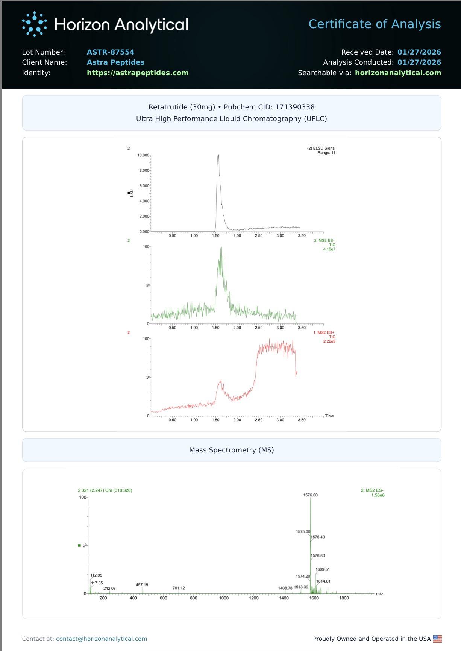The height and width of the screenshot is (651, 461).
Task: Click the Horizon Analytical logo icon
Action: pos(34,24)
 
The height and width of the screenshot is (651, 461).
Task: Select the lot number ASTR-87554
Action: pos(110,52)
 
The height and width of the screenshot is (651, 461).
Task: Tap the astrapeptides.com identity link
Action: pos(138,73)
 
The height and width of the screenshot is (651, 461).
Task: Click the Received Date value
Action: pos(419,52)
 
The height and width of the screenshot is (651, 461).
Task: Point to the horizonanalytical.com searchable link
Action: pos(398,73)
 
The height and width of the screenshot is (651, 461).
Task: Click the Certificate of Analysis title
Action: pos(375,24)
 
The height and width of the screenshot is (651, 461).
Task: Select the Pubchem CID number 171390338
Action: pos(295,107)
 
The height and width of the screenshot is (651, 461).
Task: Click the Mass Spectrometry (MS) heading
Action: pos(231,450)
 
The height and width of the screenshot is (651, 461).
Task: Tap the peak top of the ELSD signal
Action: pos(218,155)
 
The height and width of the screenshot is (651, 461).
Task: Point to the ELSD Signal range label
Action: pos(326,153)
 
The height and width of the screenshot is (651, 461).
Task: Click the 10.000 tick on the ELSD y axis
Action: pos(143,155)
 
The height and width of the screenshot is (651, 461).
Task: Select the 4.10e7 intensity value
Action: pos(329,249)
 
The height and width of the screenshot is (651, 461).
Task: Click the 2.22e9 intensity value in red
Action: pos(329,341)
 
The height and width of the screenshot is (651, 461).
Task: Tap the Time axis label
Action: pos(329,416)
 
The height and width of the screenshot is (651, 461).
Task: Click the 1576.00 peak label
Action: pos(310,495)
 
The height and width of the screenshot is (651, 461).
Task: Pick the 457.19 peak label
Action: pos(142,585)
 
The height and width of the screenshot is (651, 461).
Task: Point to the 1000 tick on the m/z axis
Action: pos(224,598)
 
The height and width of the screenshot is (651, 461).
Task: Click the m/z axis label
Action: pos(379,594)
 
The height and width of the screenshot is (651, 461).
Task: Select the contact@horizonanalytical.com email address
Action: pos(102,639)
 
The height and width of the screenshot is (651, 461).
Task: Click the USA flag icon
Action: pos(437,639)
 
